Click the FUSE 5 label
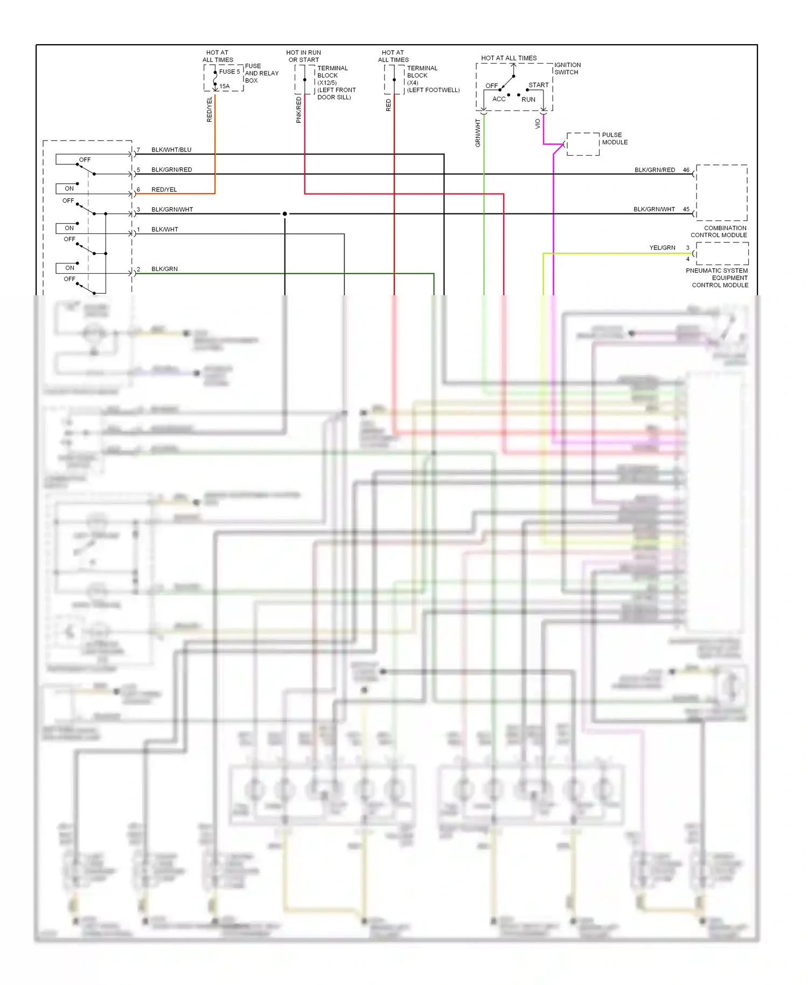coord(229,72)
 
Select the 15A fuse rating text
coord(224,86)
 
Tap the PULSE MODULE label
coord(615,138)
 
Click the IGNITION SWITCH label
coord(567,68)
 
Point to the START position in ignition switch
coord(538,85)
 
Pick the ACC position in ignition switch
coord(499,99)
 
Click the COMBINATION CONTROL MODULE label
coord(719,232)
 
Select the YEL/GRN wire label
coord(662,248)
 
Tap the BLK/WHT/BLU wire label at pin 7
coord(171,150)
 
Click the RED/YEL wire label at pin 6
coord(164,190)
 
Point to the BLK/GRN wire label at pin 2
coord(164,269)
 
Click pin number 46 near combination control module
coord(686,170)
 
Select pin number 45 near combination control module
coord(686,209)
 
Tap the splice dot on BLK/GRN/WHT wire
coord(285,214)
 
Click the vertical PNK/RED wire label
coord(299,110)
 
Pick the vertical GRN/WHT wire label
coord(478,133)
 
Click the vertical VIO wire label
coord(538,124)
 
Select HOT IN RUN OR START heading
coord(303,56)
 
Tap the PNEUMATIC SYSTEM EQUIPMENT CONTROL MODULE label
coord(718,278)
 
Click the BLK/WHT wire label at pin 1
coord(164,230)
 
